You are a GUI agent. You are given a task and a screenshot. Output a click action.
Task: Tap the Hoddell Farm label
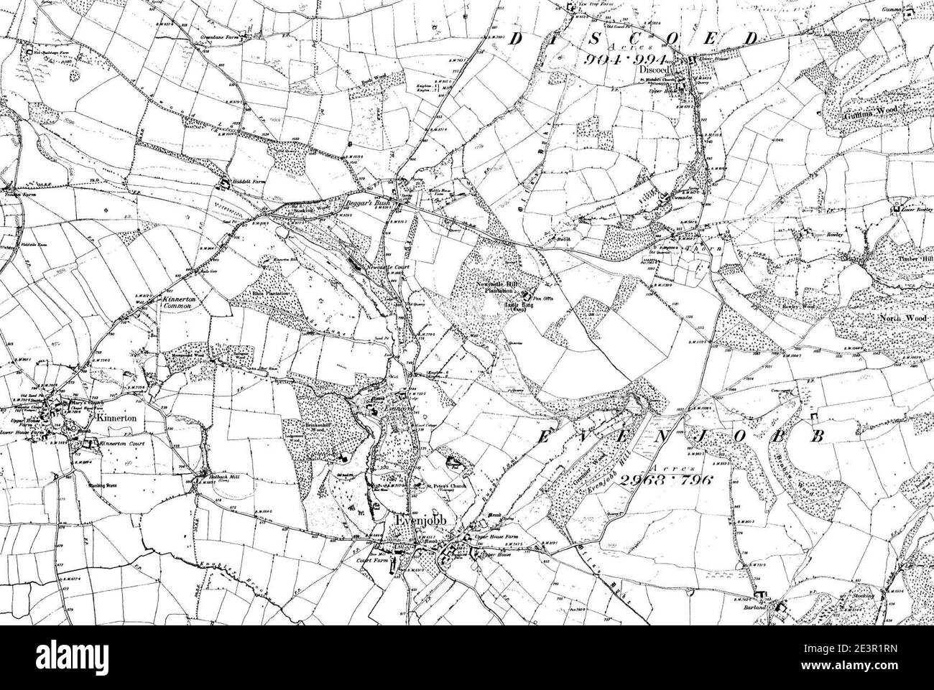247,183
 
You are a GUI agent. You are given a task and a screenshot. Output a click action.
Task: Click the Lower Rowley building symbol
895,210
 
